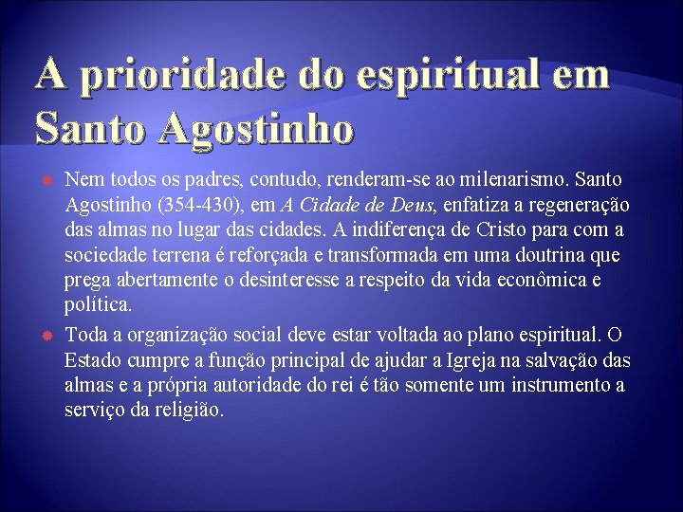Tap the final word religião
click(189, 411)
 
